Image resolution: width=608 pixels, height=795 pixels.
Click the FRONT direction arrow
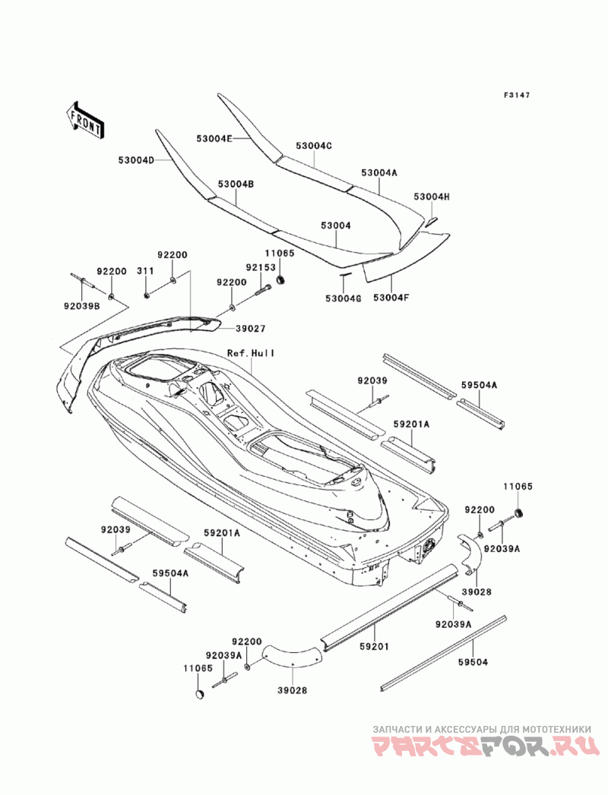(85, 120)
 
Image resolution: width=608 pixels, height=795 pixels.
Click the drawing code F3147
(517, 94)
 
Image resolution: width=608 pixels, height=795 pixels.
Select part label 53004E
(214, 138)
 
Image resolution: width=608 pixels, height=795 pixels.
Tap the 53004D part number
(136, 159)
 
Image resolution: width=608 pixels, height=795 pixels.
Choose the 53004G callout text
(343, 298)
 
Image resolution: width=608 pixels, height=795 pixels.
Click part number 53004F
(391, 298)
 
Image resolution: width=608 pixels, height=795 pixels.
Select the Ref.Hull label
(251, 352)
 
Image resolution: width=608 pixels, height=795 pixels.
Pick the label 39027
(250, 329)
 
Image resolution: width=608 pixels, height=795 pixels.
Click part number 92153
(261, 267)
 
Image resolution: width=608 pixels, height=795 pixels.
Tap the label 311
(145, 271)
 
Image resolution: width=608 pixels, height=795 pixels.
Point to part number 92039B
(82, 306)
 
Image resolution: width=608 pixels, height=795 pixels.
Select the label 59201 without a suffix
(375, 646)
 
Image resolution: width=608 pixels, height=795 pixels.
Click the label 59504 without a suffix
(473, 661)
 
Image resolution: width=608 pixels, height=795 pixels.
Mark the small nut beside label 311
(146, 295)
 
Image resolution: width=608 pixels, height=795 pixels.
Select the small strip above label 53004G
(344, 274)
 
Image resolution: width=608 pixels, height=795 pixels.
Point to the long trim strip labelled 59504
(443, 653)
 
